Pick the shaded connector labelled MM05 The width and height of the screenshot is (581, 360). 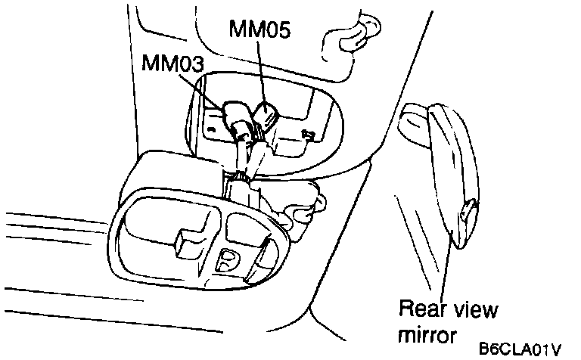click(x=266, y=115)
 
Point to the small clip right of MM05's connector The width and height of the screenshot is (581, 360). click(x=308, y=134)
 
